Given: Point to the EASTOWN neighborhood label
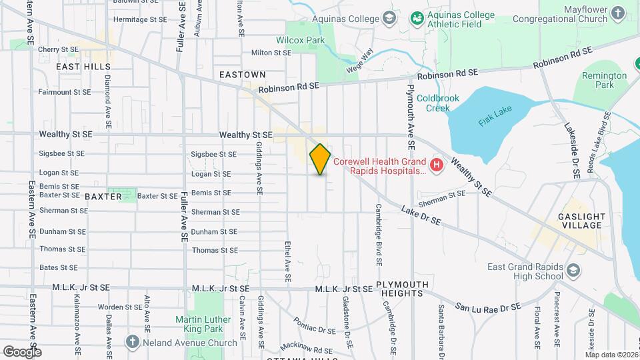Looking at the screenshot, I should point(243,75).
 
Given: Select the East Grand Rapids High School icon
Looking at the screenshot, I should point(573,271).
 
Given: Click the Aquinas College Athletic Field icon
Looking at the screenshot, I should point(417,19).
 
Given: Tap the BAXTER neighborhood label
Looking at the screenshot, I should point(103,197).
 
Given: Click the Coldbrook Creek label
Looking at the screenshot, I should point(438,103).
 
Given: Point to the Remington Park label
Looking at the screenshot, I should point(604,80).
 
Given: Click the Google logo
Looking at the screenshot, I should point(22,351).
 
